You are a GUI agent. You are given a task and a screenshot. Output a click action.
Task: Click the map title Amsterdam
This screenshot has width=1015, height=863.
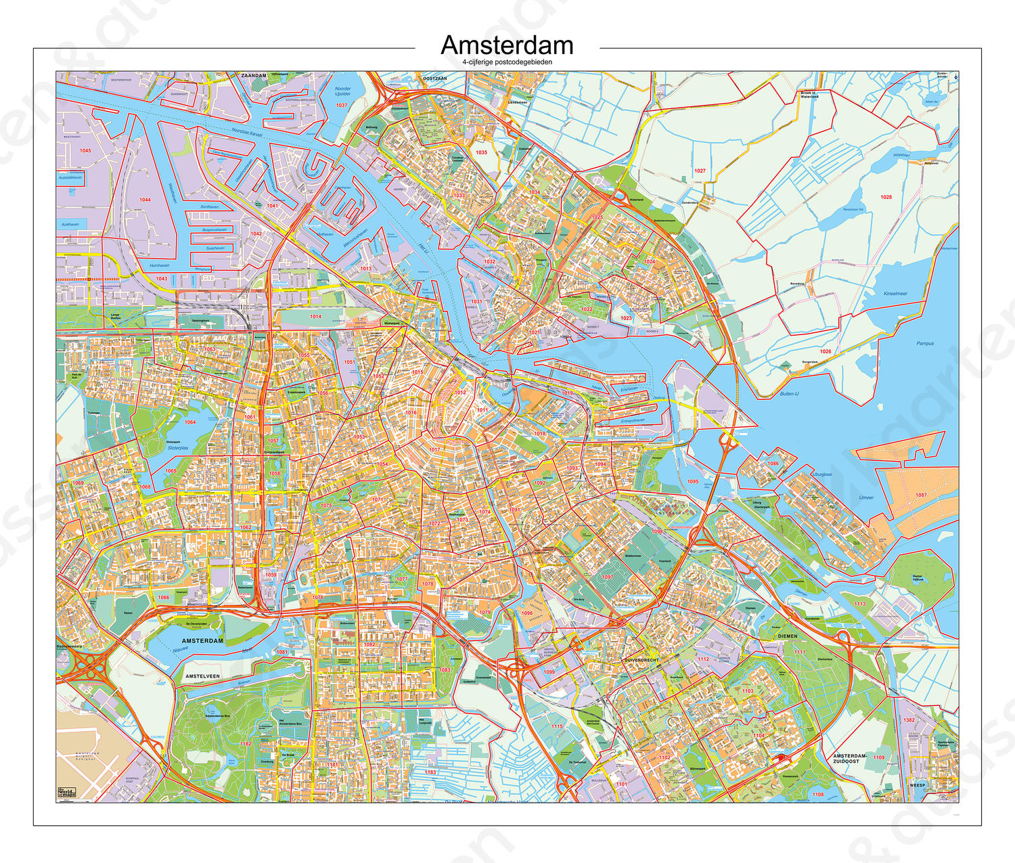pos(507,45)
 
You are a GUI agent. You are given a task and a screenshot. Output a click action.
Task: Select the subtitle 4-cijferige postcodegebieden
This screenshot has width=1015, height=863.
pos(507,62)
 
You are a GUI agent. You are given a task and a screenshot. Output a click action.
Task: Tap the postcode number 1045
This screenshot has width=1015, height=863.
pos(85,150)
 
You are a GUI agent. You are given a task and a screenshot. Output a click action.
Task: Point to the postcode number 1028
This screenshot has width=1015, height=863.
pos(886,197)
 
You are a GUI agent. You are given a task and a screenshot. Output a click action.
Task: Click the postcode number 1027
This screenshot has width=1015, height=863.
pos(700,171)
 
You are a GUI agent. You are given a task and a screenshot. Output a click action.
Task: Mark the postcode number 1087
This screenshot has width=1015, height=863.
pos(921,495)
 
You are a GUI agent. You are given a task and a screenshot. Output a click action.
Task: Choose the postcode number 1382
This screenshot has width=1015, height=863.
pos(909,720)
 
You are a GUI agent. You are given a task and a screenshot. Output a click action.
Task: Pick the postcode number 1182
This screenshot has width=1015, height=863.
pos(245,744)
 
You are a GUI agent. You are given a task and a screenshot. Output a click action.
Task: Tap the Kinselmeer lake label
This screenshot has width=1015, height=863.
pos(895,293)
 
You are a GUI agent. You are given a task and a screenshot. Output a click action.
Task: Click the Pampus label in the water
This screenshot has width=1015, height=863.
pos(925,343)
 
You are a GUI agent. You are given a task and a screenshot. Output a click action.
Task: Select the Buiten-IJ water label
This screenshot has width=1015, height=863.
pos(789,393)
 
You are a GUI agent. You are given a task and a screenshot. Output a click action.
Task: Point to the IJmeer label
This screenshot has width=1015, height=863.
pos(866,497)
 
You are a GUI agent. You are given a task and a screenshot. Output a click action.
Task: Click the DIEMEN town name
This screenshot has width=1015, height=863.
pos(787,636)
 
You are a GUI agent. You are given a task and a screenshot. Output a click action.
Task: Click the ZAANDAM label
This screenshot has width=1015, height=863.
pos(254,76)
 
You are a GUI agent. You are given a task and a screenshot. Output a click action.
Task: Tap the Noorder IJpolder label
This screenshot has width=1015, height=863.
pos(343,91)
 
